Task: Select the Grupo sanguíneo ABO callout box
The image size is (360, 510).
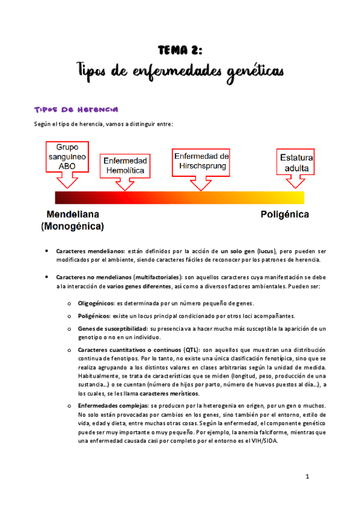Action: click(67, 156)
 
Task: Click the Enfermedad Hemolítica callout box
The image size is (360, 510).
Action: click(125, 165)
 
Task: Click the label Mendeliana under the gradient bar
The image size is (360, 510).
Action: click(73, 214)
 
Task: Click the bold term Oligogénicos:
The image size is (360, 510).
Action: click(96, 303)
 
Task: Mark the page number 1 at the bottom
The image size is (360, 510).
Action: click(307, 477)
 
